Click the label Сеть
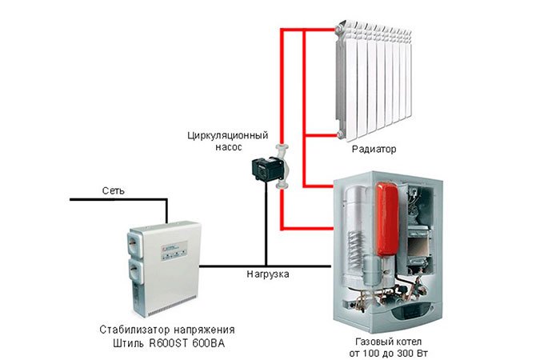click(x=114, y=190)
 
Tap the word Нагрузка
click(x=268, y=274)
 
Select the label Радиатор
click(x=374, y=149)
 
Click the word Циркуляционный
click(x=228, y=136)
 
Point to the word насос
click(x=229, y=147)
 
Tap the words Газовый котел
click(x=389, y=342)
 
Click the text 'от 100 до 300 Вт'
click(x=389, y=354)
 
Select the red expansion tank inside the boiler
click(x=386, y=218)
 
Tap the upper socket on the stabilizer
click(x=137, y=242)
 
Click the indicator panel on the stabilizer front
click(x=174, y=250)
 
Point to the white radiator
click(x=374, y=80)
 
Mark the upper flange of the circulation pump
click(x=282, y=148)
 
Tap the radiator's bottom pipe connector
click(x=340, y=135)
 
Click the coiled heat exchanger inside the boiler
click(x=355, y=247)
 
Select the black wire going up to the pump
click(x=266, y=223)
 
